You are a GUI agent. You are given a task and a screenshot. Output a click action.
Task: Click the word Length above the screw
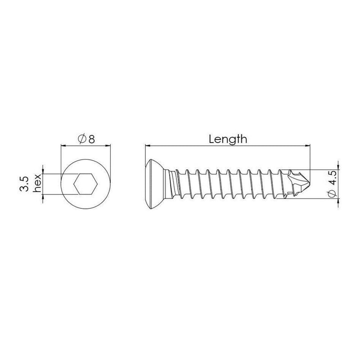[228, 139]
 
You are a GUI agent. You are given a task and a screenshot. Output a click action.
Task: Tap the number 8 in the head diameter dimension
[92, 139]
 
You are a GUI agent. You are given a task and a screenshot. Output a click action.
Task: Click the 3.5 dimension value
[24, 184]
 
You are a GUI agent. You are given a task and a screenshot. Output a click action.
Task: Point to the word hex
[37, 183]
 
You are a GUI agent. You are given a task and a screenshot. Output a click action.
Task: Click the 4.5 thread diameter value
[332, 177]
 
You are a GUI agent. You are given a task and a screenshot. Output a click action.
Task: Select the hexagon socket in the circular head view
[86, 184]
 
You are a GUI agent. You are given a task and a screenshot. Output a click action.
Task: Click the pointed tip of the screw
[310, 184]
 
